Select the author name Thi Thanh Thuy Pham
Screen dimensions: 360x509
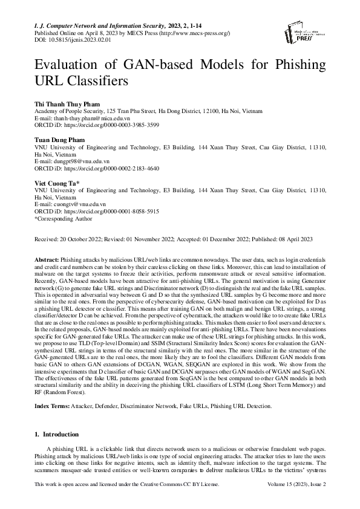pyautogui.click(x=68, y=103)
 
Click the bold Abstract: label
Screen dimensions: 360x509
pyautogui.click(x=47, y=258)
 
